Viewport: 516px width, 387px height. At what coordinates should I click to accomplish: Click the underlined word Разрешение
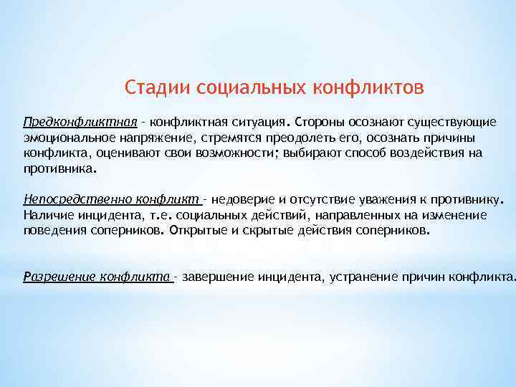click(60, 277)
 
